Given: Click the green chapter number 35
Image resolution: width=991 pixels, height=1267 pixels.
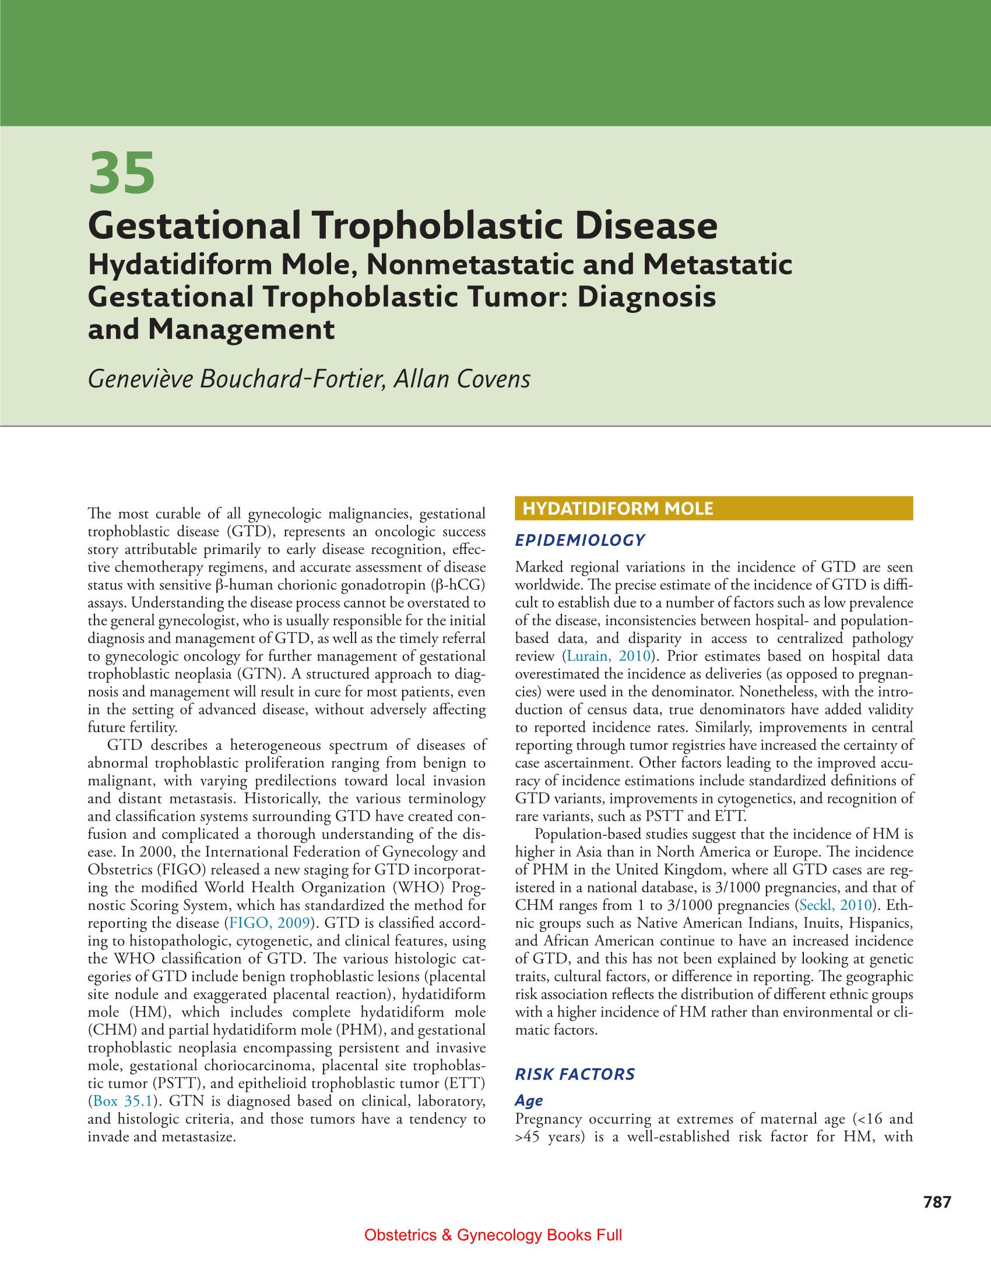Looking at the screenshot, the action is [122, 173].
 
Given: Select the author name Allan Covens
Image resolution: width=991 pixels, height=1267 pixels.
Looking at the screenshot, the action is [462, 379].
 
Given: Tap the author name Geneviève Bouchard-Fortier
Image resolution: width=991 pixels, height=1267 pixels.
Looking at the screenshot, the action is [236, 379].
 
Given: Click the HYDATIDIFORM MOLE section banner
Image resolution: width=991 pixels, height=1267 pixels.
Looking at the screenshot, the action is [714, 509].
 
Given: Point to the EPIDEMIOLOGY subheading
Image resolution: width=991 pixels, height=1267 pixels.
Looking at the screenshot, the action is [580, 541].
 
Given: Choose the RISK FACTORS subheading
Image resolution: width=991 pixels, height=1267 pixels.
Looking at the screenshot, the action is [575, 1074].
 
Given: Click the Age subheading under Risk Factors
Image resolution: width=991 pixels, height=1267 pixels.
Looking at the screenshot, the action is [529, 1100].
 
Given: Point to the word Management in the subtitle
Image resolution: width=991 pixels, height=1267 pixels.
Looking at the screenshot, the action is [241, 330].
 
